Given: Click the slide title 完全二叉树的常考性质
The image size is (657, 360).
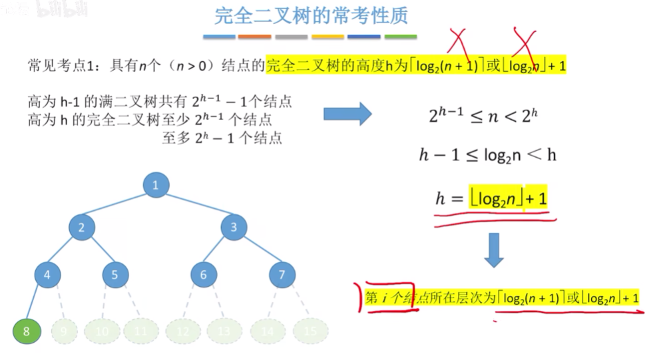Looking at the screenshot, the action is pos(312,15).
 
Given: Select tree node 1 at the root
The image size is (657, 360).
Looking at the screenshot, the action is pos(156,185).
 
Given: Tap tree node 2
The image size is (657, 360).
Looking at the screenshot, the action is pos(81,228).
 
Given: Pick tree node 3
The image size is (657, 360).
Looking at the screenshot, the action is pos(234,228).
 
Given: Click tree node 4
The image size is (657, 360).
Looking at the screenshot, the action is pos(47,273).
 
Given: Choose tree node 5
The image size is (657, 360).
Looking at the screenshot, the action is pos(115,273).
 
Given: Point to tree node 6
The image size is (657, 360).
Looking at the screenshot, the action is pos(203,273).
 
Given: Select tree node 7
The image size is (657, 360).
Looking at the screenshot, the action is pos(282,273).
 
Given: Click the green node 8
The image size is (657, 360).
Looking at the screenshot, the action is pos(27,331).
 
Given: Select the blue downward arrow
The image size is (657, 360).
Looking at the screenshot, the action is pos(493,250).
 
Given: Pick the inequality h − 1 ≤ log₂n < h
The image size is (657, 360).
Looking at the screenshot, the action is pos(487,155).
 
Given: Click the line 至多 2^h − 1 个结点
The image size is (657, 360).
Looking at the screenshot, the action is pos(221,138).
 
